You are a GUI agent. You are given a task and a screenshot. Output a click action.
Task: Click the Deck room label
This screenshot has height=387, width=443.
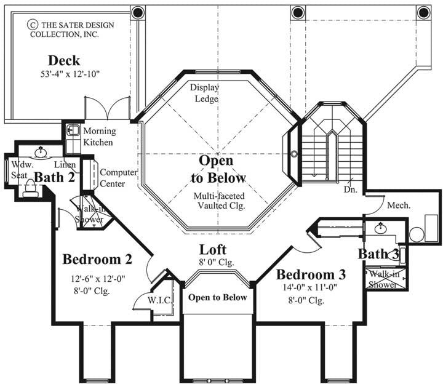[x=63, y=60]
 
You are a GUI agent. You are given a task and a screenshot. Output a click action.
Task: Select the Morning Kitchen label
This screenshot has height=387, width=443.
[x=98, y=137]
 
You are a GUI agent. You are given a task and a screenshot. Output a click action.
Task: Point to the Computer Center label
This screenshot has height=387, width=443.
[x=118, y=178]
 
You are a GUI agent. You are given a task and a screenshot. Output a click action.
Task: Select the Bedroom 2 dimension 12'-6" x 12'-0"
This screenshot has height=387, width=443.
[x=98, y=278]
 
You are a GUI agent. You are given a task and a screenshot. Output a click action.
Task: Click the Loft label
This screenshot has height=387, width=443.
[x=213, y=250]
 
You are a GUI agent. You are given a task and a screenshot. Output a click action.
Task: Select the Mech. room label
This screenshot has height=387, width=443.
[x=397, y=206]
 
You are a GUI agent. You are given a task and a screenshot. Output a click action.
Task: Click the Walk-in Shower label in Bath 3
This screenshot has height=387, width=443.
[x=385, y=279]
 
